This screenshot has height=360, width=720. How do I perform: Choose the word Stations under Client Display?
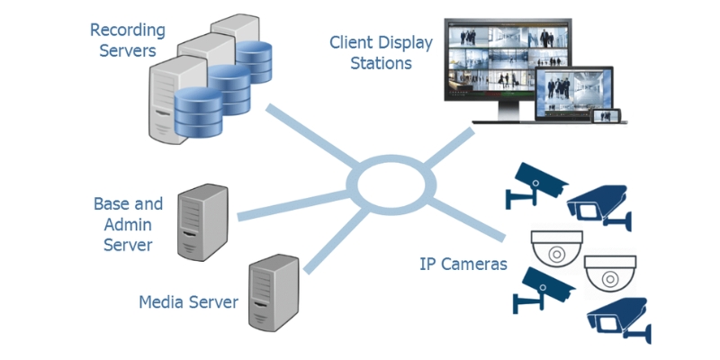tap(381, 64)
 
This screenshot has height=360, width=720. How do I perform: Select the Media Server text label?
tap(188, 301)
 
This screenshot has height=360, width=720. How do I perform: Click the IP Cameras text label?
tap(463, 265)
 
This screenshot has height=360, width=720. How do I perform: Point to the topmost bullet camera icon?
tap(535, 184)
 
